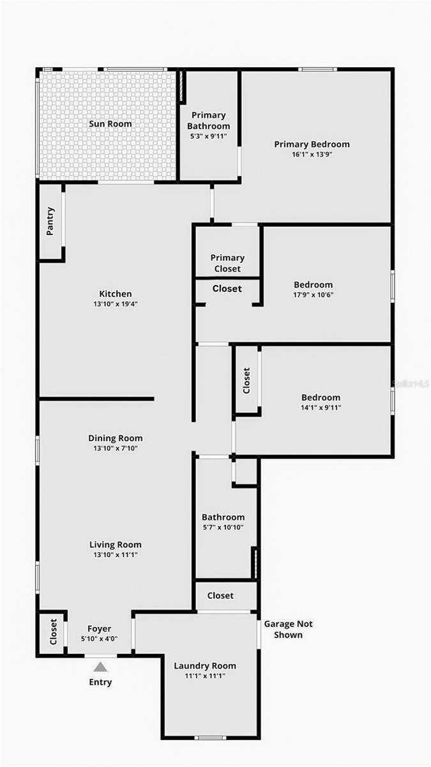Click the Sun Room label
(110, 123)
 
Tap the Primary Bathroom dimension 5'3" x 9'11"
(209, 136)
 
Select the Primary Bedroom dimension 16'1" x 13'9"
(312, 154)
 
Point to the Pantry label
(50, 221)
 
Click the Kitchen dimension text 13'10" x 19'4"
(116, 304)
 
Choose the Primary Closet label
(227, 263)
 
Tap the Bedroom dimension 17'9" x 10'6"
(314, 295)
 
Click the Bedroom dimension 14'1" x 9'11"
(321, 408)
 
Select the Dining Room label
(116, 438)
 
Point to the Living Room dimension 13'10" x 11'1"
(116, 554)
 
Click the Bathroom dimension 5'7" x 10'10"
(223, 527)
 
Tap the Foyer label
(99, 628)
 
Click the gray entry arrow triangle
(100, 667)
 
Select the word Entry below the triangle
(100, 682)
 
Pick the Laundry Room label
(205, 665)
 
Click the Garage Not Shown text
(288, 629)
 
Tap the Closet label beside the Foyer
(53, 631)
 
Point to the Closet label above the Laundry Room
(220, 596)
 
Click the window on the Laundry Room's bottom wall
(210, 738)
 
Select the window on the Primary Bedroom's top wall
(317, 70)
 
